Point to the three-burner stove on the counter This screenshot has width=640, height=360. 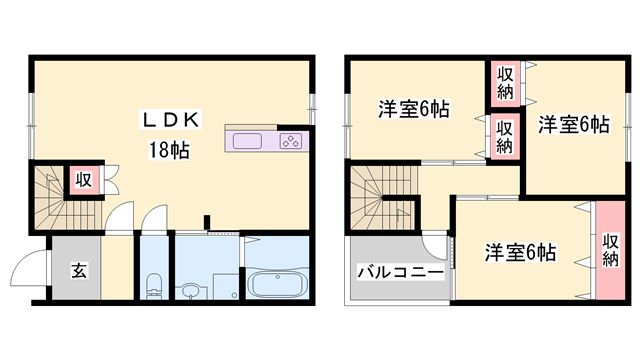click(291, 141)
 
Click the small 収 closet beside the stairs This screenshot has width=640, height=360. click(83, 180)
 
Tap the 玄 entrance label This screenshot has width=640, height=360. click(77, 269)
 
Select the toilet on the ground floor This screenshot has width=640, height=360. click(153, 284)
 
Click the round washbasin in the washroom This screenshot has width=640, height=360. click(191, 291)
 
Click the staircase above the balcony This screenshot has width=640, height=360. click(383, 199)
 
